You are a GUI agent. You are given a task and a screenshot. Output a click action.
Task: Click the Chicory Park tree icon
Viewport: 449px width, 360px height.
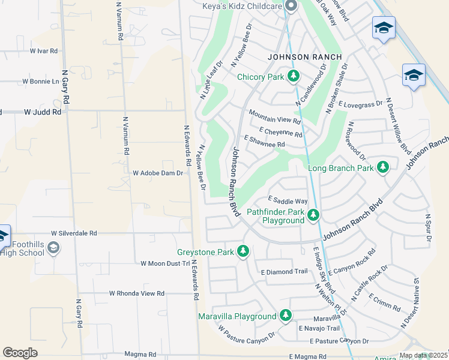tap(294, 76)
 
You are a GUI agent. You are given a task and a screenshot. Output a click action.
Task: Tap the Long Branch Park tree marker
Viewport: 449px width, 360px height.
tap(382, 167)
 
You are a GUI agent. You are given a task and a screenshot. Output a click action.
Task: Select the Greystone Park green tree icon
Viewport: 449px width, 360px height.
tap(243, 251)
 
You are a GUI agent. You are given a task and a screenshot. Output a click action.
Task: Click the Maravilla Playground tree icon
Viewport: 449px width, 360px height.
tap(286, 316)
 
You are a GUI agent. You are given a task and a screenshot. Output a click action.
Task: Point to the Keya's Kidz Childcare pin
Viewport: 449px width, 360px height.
tap(292, 7)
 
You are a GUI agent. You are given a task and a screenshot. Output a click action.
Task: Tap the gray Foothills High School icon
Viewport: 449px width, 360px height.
tap(53, 248)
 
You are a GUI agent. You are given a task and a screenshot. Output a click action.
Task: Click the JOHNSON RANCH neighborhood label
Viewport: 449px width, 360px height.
tap(304, 57)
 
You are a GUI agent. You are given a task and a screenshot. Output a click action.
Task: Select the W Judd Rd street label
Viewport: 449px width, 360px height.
tap(43, 112)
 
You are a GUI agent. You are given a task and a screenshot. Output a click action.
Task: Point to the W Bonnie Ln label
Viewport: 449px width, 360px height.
tap(41, 81)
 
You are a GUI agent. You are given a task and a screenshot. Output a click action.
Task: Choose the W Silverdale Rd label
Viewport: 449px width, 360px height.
tap(74, 233)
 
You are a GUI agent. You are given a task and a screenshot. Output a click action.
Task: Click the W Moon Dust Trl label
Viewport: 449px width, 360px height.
tap(165, 263)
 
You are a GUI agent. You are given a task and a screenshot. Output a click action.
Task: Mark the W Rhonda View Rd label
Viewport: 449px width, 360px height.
tap(136, 293)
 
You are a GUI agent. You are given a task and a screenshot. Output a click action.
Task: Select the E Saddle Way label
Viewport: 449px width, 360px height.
tap(288, 200)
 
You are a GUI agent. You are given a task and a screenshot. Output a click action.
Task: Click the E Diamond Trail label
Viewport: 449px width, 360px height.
tap(284, 271)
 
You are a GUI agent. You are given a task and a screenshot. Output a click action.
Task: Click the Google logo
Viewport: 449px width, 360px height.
tap(20, 352)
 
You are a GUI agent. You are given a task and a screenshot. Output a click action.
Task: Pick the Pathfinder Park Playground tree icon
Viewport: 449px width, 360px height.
tap(313, 215)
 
